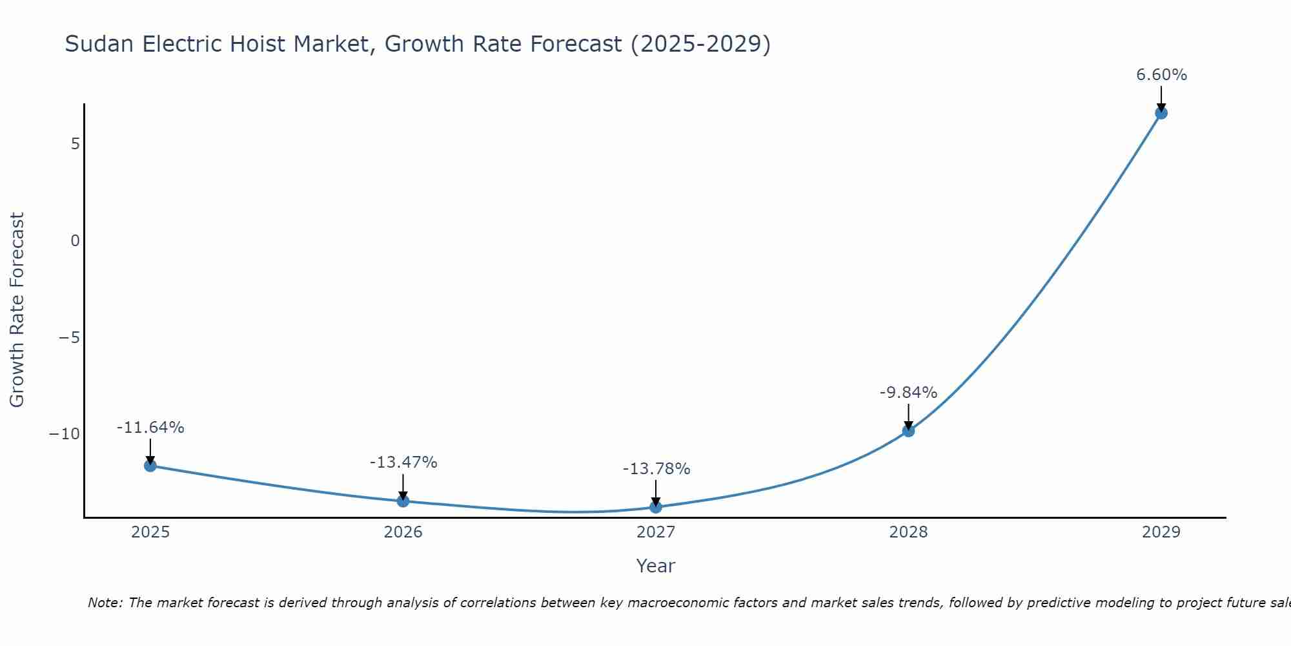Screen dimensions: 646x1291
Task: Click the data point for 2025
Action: [150, 466]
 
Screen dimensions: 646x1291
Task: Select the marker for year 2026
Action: [403, 501]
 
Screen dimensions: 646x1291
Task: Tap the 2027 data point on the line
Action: [656, 507]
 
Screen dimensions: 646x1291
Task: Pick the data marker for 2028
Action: [908, 431]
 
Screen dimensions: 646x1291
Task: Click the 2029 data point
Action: [1161, 113]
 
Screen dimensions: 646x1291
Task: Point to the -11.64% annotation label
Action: [150, 428]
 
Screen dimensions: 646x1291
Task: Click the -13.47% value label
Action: [403, 463]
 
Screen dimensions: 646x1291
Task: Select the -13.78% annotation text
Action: [656, 469]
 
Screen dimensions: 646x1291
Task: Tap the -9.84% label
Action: [908, 393]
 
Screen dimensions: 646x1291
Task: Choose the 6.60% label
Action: [1161, 75]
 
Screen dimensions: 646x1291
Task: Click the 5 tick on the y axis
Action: [76, 143]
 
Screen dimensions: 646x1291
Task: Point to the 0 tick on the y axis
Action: [76, 241]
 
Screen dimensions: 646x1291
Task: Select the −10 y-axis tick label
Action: [65, 434]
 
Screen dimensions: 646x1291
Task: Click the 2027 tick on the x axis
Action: [656, 532]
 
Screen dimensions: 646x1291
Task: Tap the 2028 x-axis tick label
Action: [908, 532]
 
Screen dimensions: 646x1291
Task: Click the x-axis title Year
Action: [655, 566]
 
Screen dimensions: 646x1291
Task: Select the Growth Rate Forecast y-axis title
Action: [17, 310]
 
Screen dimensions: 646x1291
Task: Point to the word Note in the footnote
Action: [105, 603]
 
